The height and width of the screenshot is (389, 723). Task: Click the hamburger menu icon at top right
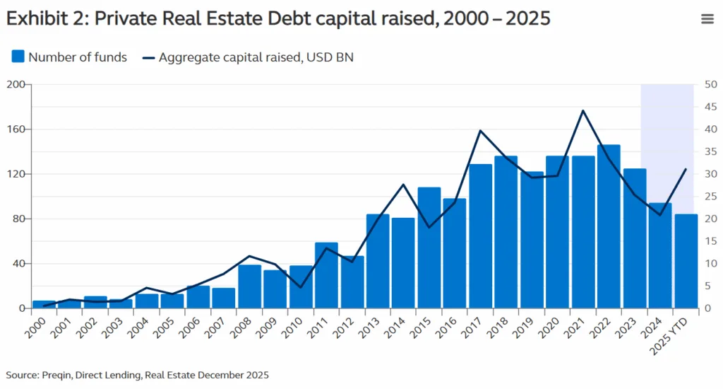tap(707, 19)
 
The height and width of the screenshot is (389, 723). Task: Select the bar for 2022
tap(609, 226)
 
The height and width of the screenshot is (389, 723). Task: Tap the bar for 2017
tap(480, 236)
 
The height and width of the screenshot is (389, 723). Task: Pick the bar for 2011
tap(326, 276)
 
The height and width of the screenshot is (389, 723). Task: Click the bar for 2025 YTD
tap(686, 262)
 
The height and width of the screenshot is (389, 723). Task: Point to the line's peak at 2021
tap(583, 111)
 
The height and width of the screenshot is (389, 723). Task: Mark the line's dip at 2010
tap(301, 287)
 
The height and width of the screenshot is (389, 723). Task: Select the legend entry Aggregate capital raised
tap(247, 57)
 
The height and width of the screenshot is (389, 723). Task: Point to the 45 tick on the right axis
tap(710, 108)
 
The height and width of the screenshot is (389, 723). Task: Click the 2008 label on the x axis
tap(244, 326)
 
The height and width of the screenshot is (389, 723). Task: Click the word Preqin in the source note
tap(57, 375)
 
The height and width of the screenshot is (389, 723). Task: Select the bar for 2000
tap(44, 305)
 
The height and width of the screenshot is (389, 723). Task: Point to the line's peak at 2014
tap(403, 185)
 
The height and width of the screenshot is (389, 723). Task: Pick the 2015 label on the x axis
tap(424, 326)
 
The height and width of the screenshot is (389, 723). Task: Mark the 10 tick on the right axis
tap(710, 264)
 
